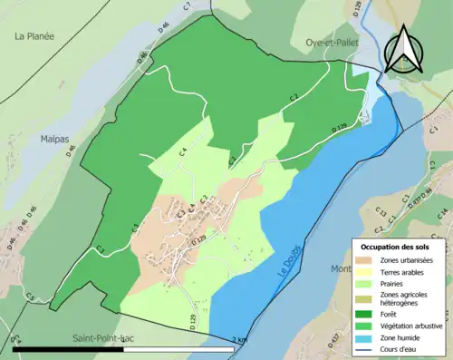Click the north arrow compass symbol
(x=404, y=47)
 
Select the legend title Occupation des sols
(x=396, y=247)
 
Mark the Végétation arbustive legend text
(x=412, y=322)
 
